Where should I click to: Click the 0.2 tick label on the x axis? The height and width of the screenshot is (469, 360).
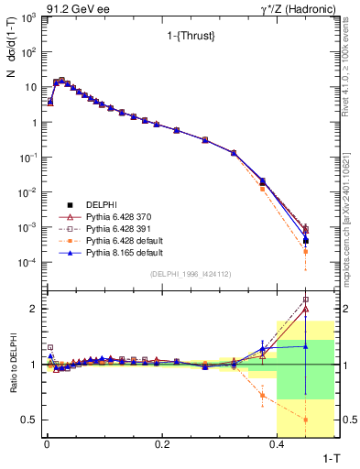coord(162,444)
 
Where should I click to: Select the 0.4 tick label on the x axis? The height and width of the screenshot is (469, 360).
coord(277,444)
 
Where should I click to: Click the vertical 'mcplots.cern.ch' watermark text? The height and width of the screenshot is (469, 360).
coord(351,211)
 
